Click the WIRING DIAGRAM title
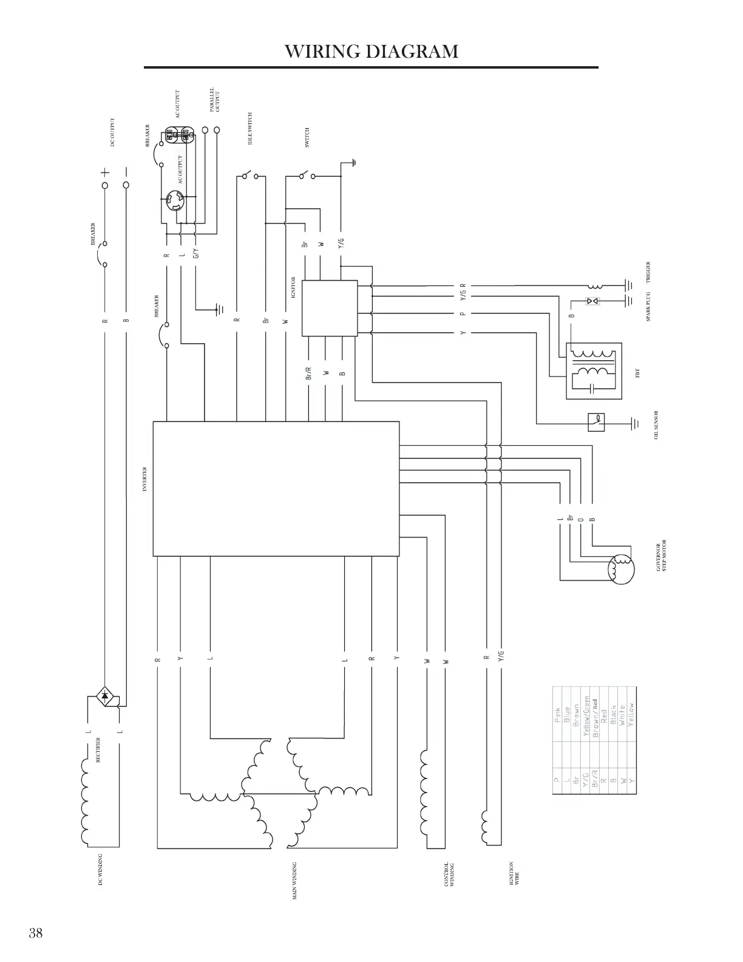371,51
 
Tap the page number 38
35,933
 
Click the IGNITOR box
330,308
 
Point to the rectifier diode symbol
105,696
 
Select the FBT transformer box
593,371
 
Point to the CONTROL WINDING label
450,875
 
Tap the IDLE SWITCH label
250,129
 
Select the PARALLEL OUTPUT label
214,101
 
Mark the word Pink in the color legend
558,717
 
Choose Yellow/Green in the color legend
586,717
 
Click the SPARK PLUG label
649,306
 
